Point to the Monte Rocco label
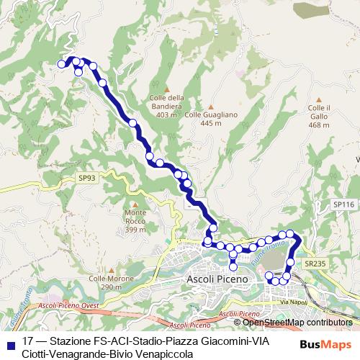click(x=135, y=221)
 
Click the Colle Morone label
click(x=105, y=282)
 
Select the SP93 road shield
click(x=86, y=177)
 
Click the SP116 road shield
click(x=343, y=205)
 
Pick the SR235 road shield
click(x=315, y=264)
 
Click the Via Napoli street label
click(x=293, y=302)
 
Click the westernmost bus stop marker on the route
click(x=61, y=64)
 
